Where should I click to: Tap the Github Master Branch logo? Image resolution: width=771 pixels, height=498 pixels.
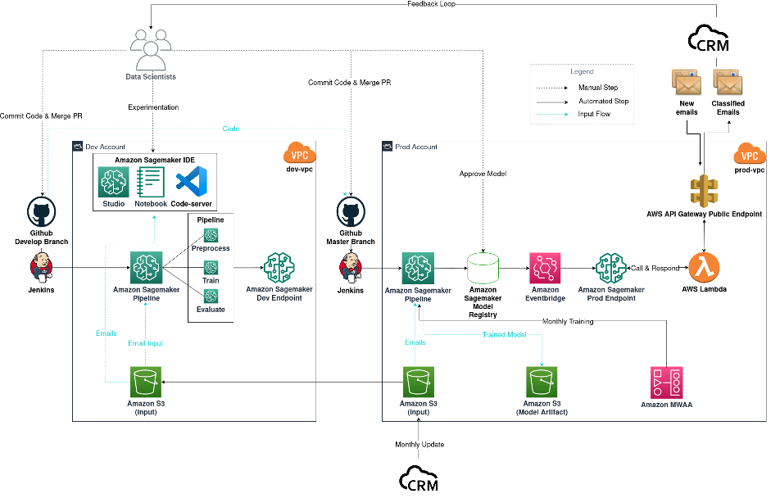[x=351, y=212]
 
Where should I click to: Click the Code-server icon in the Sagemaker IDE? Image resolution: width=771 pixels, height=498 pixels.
[x=191, y=179]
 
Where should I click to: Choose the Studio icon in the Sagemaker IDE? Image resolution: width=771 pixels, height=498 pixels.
[x=113, y=179]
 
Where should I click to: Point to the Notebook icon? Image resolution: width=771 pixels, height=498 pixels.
[x=151, y=179]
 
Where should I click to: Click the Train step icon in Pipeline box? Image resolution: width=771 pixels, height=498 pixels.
[x=211, y=267]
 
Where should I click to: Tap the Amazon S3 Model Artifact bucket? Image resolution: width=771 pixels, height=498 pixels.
[x=542, y=381]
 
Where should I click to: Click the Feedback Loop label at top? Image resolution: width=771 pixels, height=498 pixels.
[x=432, y=4]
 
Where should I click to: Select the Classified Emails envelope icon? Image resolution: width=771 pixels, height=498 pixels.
[x=728, y=83]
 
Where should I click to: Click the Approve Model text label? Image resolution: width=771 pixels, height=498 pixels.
[x=484, y=174]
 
